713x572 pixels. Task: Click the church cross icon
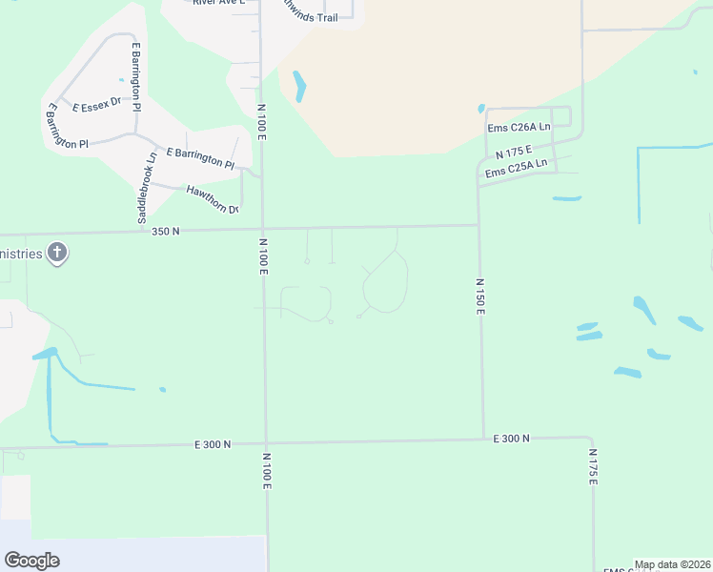57,254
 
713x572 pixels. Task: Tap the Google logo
31,561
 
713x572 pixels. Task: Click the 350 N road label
166,231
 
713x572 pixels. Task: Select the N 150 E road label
480,297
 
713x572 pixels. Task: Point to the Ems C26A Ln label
518,127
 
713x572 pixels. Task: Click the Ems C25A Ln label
516,168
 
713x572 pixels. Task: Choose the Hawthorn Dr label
212,198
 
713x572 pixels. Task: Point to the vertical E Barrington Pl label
136,77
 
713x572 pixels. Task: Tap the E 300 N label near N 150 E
511,438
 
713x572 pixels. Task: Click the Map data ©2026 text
673,564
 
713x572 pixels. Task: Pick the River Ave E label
218,3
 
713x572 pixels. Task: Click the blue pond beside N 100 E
300,87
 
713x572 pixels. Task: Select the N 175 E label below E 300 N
592,468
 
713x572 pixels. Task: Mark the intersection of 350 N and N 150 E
479,226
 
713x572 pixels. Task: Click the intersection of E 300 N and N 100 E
266,442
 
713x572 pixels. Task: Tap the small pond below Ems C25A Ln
566,198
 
